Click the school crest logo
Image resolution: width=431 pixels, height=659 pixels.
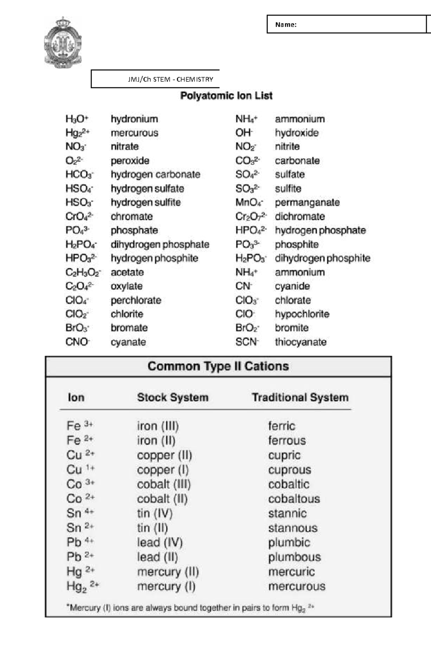[x=62, y=43]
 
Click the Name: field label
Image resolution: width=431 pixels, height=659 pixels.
[x=286, y=25]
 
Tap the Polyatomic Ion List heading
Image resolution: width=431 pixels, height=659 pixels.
[x=226, y=96]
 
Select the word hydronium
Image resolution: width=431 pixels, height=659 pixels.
[x=134, y=119]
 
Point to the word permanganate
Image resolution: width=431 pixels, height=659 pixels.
[x=307, y=203]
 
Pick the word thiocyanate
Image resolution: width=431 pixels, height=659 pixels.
[x=301, y=342]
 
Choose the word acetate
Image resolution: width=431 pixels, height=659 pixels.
[x=127, y=272]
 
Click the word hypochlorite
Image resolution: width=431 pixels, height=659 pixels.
[x=302, y=314]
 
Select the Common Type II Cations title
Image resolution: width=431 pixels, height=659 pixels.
[x=218, y=366]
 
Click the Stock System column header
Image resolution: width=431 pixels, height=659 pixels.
[x=173, y=398]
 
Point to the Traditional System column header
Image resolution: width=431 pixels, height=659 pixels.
[x=300, y=398]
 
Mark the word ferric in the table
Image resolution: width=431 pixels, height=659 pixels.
[x=282, y=426]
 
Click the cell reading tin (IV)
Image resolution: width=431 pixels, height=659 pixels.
[x=155, y=514]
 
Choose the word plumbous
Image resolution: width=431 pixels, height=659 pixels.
[x=295, y=557]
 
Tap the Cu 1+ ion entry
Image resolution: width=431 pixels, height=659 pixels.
[x=80, y=469]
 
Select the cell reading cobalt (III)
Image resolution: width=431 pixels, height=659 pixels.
[x=164, y=484]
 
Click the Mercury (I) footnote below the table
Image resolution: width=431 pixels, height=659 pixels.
[x=190, y=608]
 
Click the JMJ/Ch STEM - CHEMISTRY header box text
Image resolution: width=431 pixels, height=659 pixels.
[x=171, y=79]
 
